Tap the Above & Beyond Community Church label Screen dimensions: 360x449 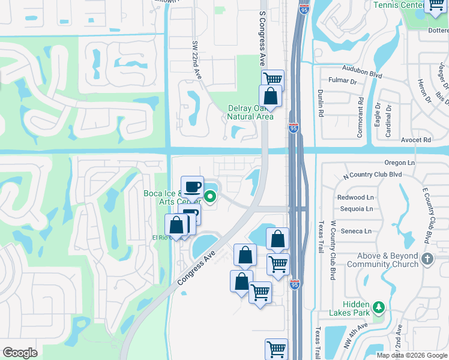coord(382,260)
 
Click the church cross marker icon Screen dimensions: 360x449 coord(427,259)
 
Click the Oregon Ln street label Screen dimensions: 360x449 coord(400,163)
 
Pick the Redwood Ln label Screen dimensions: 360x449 coord(355,197)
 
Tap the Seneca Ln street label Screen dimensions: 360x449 coord(357,231)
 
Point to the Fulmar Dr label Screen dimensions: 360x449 coord(341,81)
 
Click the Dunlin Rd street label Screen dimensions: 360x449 coord(321,103)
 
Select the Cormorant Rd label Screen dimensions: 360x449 coord(360,118)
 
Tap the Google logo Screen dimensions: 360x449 coord(20,353)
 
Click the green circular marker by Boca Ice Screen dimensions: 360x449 coord(211,196)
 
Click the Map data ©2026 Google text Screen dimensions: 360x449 coord(411,355)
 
